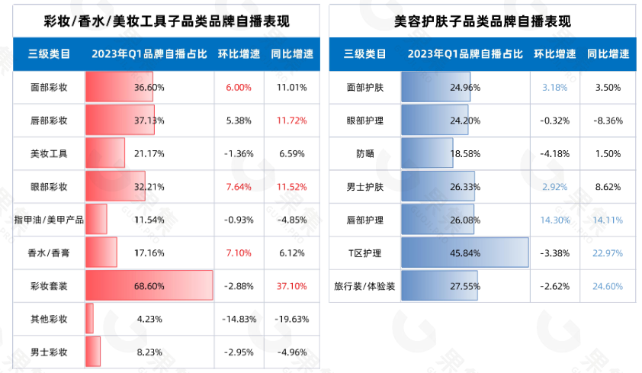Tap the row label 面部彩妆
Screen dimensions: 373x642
[x=49, y=88]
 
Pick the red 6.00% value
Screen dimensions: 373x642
[x=239, y=88]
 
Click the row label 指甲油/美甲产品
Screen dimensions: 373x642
[x=49, y=220]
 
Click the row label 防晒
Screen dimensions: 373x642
[x=364, y=153]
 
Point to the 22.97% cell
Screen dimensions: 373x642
[x=608, y=252]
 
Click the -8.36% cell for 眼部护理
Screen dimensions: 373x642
[x=608, y=121]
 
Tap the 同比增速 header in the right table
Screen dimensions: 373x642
[x=608, y=54]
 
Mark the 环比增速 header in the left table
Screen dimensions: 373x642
[x=239, y=54]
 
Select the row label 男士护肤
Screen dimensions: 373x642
[x=364, y=187]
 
